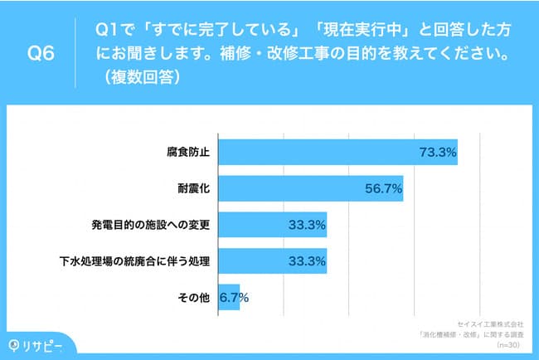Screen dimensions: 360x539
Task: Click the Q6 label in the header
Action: (x=41, y=54)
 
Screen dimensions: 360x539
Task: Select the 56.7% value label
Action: (x=384, y=188)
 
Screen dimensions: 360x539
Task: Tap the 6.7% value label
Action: (x=235, y=297)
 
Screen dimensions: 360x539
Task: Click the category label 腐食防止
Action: (x=189, y=153)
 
